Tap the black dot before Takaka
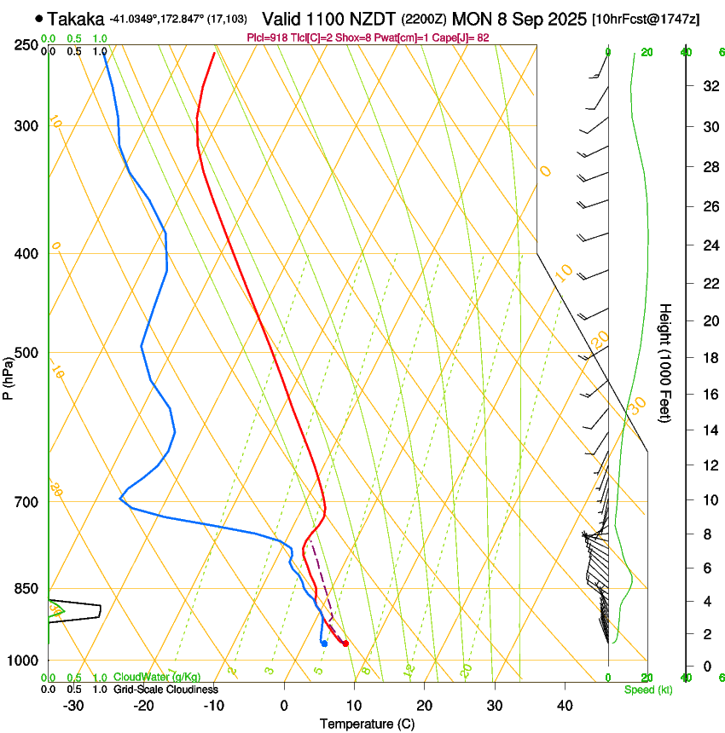[39, 18]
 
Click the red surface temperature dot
[345, 644]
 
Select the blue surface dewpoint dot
[324, 644]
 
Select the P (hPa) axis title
[9, 375]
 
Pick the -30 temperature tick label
[73, 706]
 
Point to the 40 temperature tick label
[564, 706]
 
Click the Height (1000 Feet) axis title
[666, 362]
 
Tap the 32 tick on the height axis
[710, 86]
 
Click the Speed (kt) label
[647, 690]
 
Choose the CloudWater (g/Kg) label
[145, 678]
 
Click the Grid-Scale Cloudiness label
[165, 690]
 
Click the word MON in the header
[473, 19]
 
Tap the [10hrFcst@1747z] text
[646, 19]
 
